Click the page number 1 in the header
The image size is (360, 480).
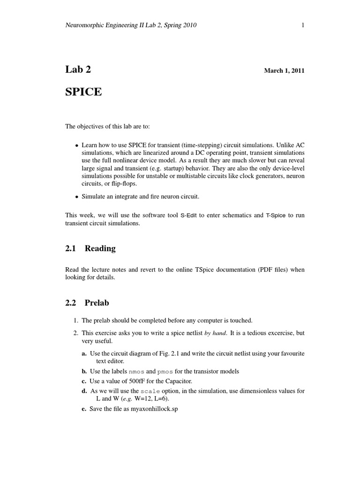tap(303, 25)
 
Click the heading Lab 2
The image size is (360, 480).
tap(78, 70)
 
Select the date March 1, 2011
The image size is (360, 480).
tap(284, 71)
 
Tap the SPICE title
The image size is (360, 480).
tap(83, 92)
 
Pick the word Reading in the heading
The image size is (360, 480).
tap(100, 248)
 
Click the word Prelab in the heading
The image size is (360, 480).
tap(97, 303)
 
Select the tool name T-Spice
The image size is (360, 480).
tap(275, 216)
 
